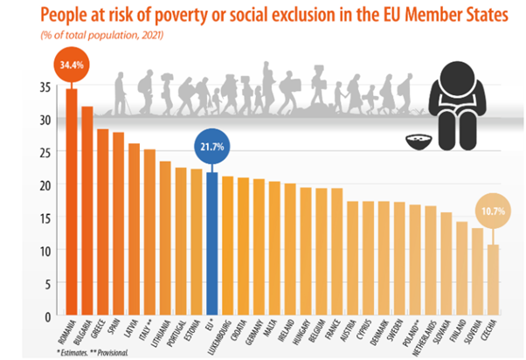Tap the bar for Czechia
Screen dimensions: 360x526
point(493,279)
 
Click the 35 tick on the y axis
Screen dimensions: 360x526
point(44,87)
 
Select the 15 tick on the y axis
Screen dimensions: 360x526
point(44,218)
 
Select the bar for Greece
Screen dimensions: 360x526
point(103,222)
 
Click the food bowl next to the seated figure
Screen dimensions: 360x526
point(422,139)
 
